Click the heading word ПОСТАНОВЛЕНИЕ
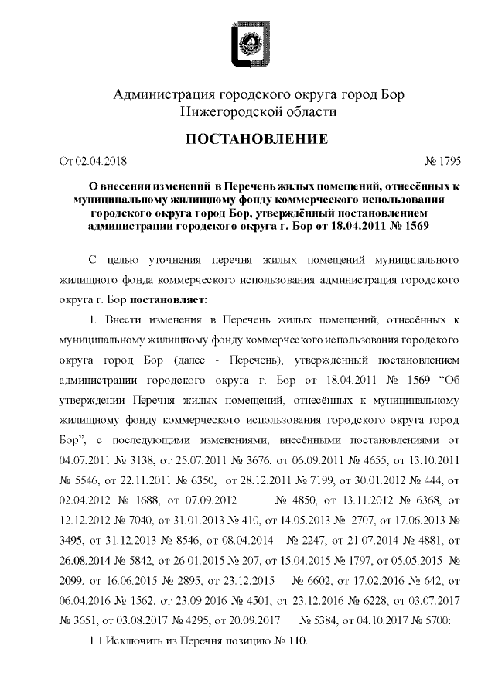click(247, 139)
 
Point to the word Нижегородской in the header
click(232, 112)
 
